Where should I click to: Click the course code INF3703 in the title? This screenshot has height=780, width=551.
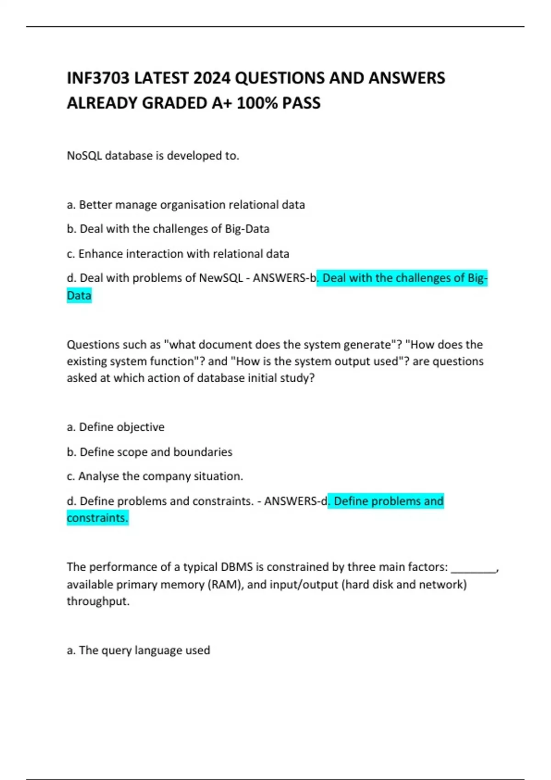click(98, 78)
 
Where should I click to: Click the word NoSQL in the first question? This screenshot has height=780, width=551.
click(84, 156)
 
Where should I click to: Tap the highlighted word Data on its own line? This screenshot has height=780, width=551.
click(79, 295)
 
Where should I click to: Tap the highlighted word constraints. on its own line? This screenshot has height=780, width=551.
click(97, 518)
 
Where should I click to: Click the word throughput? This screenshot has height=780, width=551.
click(98, 601)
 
